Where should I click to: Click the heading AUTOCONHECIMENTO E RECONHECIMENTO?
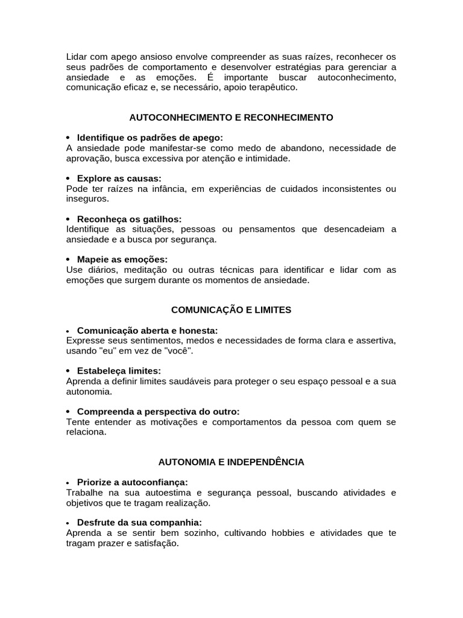point(231,117)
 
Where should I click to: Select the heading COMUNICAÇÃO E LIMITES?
point(231,310)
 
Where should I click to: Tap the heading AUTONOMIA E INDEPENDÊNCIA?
point(231,462)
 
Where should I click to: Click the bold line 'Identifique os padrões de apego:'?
point(150,138)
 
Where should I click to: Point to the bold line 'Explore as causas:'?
point(119,178)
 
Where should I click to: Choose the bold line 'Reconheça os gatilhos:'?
point(129,218)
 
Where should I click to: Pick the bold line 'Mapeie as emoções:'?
point(122,259)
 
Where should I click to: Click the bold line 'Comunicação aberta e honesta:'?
point(147,330)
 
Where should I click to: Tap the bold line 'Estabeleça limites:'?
point(119,371)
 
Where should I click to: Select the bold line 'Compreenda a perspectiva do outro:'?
point(158,411)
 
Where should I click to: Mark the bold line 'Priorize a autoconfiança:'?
point(133,482)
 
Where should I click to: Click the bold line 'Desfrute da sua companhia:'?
point(139,523)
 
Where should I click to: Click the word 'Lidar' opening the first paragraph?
point(77,56)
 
